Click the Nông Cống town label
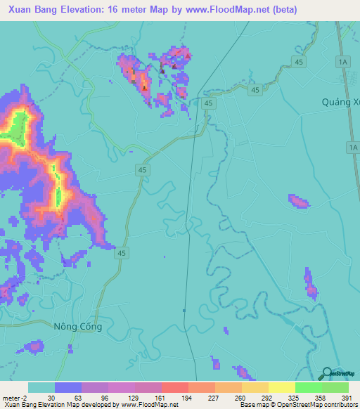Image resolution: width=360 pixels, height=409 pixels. [x=78, y=327]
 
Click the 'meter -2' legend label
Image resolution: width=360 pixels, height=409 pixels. [x=14, y=398]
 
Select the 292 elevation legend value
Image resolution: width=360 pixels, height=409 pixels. [x=268, y=398]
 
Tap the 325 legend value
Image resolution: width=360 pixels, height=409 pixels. [x=295, y=398]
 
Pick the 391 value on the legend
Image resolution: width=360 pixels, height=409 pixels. [x=347, y=398]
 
